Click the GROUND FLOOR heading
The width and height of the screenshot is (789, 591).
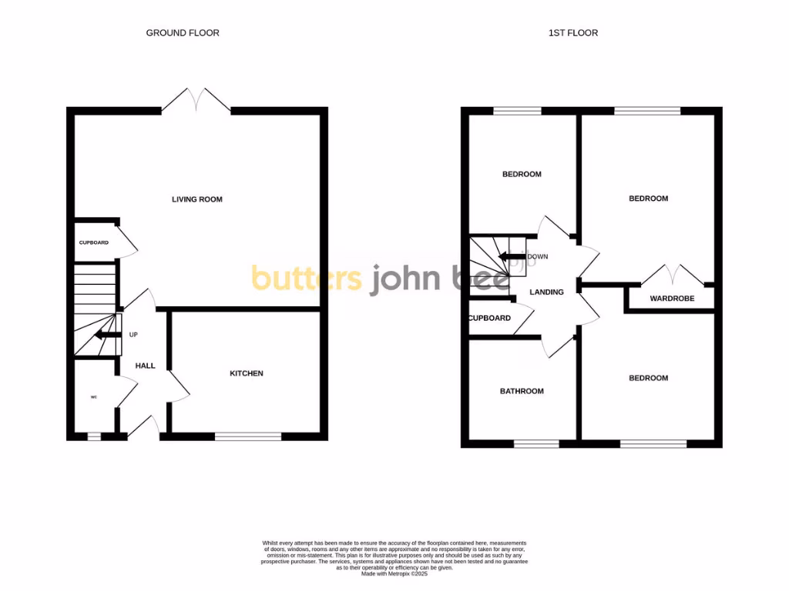coord(183,33)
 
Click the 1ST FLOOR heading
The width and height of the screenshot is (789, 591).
coord(572,33)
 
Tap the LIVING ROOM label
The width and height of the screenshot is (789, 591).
coord(196,199)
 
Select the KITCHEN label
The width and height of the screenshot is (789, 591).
coord(247,373)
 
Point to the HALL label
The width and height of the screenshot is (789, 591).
coord(145,366)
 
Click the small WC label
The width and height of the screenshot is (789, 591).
coord(94,397)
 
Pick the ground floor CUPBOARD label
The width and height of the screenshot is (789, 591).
coord(94,242)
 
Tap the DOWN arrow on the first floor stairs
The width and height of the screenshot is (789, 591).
coord(511,257)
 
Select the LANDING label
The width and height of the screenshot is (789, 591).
coord(546,292)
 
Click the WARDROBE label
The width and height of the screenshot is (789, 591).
coord(672,298)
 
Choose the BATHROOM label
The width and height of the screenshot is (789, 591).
coord(522,391)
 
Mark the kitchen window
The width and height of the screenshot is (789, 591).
coord(248,436)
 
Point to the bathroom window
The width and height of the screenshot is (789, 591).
coord(536,443)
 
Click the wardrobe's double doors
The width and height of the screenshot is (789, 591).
coord(672,275)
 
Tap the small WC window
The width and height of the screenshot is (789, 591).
coord(94,436)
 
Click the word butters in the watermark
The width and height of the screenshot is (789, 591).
coord(307,279)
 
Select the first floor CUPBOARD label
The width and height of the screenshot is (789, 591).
coord(489,318)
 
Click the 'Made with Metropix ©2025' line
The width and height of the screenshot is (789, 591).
coord(394,573)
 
